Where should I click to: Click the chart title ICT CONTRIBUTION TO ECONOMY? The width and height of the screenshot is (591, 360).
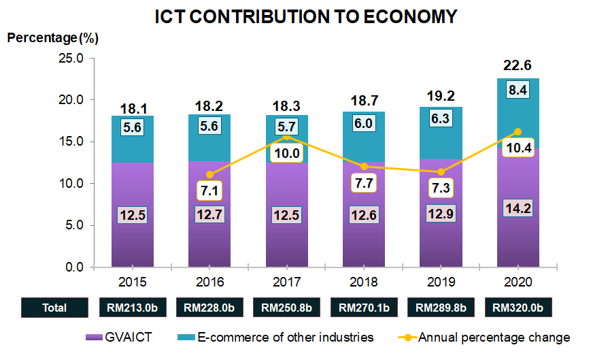295,16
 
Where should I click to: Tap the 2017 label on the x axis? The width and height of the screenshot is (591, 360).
286,280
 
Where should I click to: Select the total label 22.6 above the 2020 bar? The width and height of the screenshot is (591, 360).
518,65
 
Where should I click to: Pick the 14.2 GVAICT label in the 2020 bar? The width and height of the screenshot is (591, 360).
518,208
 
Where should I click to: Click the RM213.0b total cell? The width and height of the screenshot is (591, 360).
133,308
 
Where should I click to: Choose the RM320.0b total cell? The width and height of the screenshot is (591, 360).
518,308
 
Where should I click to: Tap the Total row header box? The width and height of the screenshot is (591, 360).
54,308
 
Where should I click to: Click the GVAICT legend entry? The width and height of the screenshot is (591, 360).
126,337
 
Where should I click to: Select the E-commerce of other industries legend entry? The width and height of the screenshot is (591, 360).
275,337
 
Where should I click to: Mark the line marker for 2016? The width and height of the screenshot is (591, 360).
209,175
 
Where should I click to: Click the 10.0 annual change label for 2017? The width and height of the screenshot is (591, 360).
286,154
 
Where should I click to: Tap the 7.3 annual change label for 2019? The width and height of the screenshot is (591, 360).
441,187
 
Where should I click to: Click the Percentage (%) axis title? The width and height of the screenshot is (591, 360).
52,37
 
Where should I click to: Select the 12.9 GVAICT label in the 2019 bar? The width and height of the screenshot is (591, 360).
441,214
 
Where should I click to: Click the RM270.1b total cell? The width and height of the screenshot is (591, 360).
363,308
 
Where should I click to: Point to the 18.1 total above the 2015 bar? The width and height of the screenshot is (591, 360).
133,109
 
